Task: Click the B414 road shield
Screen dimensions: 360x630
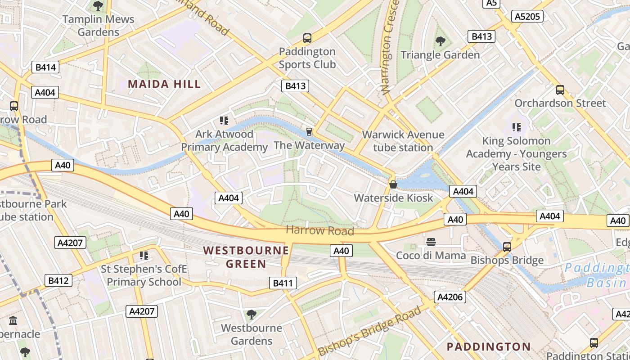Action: pos(45,67)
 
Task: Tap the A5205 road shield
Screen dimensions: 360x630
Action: pos(527,17)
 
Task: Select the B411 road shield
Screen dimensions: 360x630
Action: pos(283,283)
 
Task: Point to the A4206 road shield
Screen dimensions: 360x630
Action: pos(450,297)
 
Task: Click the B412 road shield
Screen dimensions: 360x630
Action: pos(58,280)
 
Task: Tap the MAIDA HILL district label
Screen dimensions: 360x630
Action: pos(164,84)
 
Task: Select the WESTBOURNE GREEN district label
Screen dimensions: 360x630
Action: pos(246,257)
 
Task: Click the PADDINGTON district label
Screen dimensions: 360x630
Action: pos(488,346)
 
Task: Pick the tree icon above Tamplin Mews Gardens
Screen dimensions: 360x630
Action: pos(98,6)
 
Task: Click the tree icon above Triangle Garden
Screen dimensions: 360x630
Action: pos(440,42)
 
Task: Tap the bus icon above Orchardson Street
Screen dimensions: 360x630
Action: pos(560,90)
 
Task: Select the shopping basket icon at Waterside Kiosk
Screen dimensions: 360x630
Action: pos(393,184)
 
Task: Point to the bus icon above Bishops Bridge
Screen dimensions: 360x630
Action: pos(507,247)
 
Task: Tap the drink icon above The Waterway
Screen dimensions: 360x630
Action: pos(309,132)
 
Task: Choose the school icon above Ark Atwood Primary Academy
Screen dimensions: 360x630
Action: pos(224,121)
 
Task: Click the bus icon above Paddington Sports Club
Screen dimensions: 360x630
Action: pos(307,38)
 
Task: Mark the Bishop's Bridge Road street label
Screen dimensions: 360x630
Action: pos(370,331)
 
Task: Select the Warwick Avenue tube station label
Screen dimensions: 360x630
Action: pos(403,141)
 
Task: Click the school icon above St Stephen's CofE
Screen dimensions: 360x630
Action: pos(144,256)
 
